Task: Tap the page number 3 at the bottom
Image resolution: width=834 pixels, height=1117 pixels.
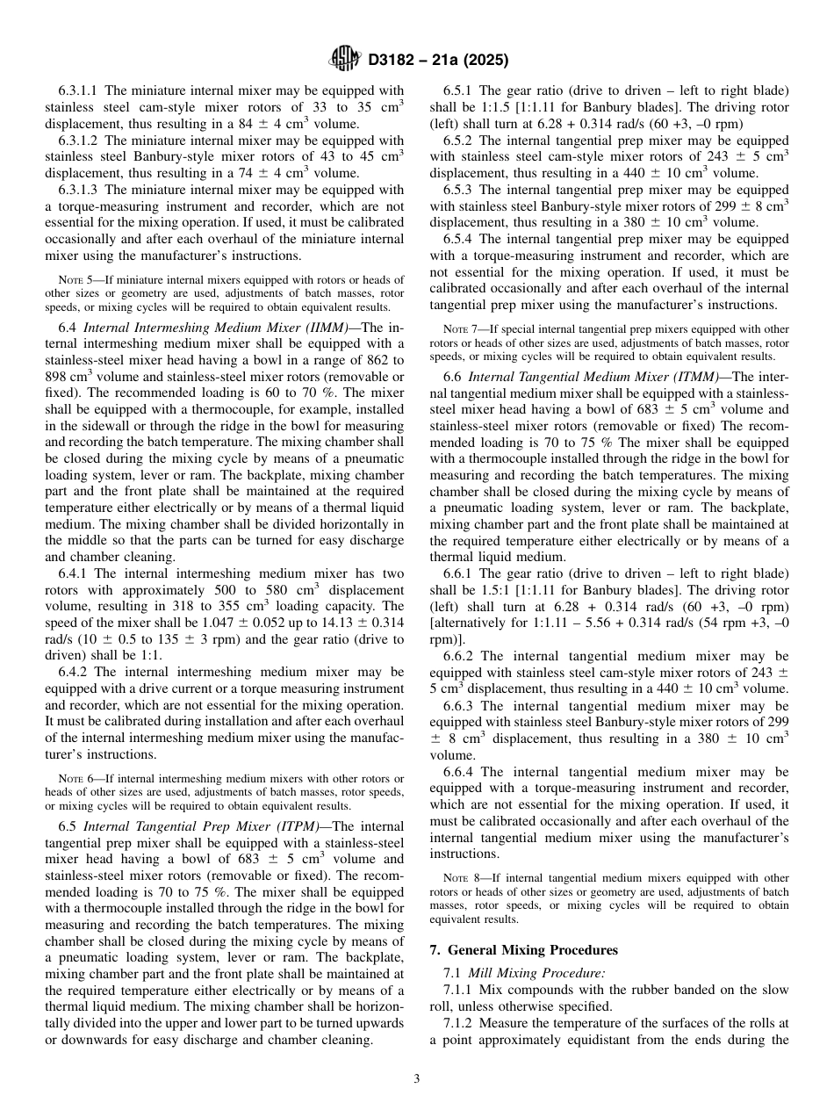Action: (417, 1079)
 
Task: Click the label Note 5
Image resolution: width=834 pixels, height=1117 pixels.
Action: (74, 280)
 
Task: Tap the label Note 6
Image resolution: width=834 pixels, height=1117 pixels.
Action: (74, 779)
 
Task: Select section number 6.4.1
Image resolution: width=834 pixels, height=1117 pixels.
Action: (73, 574)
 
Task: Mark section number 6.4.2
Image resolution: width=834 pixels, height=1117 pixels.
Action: (73, 673)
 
